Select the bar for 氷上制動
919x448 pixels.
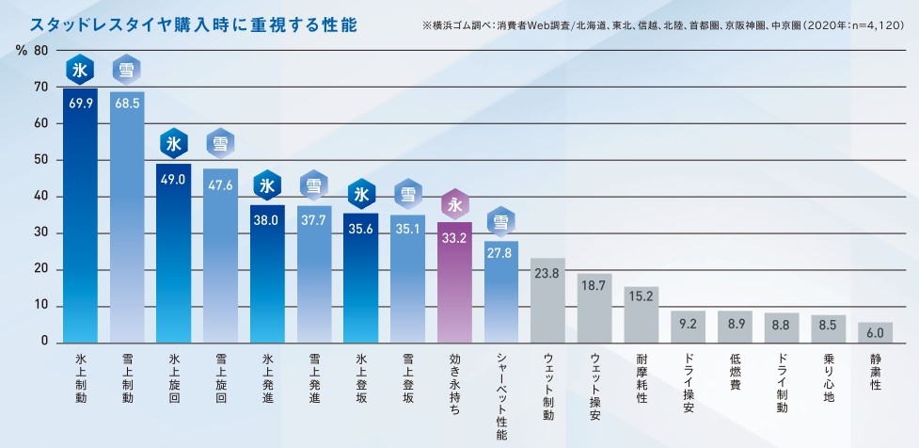tap(80, 216)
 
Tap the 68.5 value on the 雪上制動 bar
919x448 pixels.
tap(127, 103)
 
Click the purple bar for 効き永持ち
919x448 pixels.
tap(455, 282)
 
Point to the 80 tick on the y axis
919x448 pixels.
tap(40, 50)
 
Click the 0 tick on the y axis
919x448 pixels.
tap(44, 342)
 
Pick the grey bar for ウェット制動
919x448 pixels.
tap(547, 301)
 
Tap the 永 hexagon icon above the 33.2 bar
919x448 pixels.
tap(455, 204)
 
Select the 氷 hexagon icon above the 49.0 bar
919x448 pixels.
tap(174, 144)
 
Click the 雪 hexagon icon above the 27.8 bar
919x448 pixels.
tap(501, 222)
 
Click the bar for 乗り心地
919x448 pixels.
tap(828, 328)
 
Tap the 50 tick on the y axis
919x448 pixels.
tap(40, 160)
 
